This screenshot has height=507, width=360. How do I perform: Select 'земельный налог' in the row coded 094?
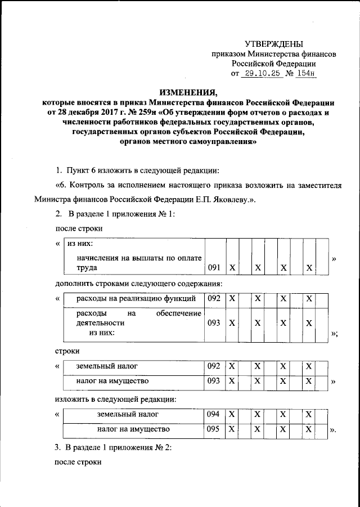point(127,414)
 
